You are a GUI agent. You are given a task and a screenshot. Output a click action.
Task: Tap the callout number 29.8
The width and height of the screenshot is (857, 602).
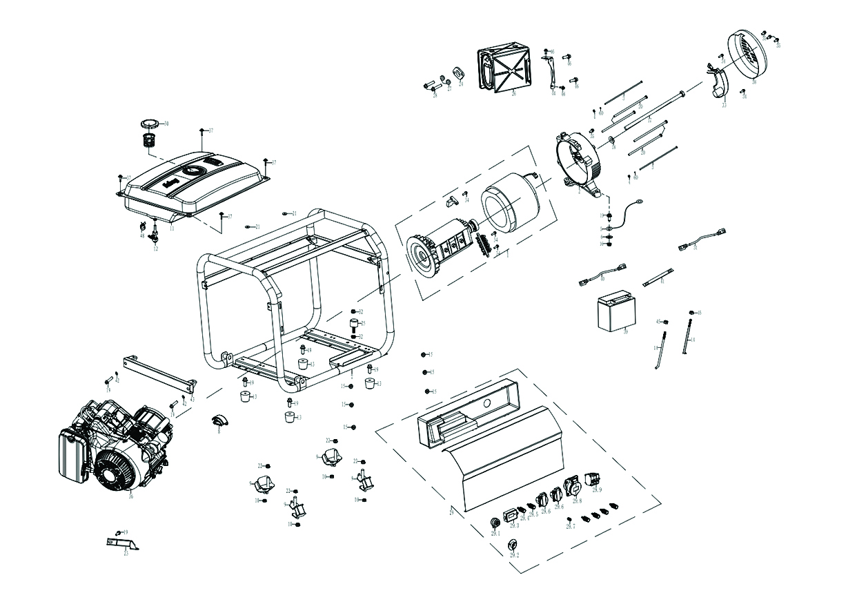[576, 501]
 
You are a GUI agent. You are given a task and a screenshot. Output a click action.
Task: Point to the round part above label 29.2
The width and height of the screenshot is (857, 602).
[513, 543]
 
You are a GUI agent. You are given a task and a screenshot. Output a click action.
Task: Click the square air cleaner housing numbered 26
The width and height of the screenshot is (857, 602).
[504, 68]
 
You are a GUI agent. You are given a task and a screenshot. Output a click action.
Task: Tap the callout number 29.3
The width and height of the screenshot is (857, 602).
[515, 525]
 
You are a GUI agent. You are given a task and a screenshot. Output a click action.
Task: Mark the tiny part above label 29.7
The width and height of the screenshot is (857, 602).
[569, 519]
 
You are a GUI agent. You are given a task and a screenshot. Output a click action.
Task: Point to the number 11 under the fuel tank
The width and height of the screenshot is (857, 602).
[172, 227]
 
